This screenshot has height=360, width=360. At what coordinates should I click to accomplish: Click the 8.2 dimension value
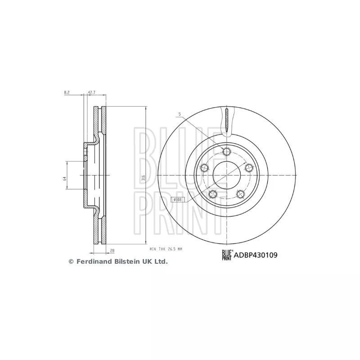67,92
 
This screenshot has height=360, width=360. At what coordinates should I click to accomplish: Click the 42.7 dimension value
91,92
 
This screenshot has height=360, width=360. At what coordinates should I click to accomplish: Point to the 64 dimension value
64,179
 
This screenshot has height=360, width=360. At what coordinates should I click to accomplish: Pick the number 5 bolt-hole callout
179,115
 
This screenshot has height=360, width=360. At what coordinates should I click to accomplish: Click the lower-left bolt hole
213,194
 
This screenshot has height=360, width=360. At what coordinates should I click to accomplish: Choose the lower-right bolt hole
240,194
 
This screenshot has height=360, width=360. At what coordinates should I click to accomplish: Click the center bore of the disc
226,175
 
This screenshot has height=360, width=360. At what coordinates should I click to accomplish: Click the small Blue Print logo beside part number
227,255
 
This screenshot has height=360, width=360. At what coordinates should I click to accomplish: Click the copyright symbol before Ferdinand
70,261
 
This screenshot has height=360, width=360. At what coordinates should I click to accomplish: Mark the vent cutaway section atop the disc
227,121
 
